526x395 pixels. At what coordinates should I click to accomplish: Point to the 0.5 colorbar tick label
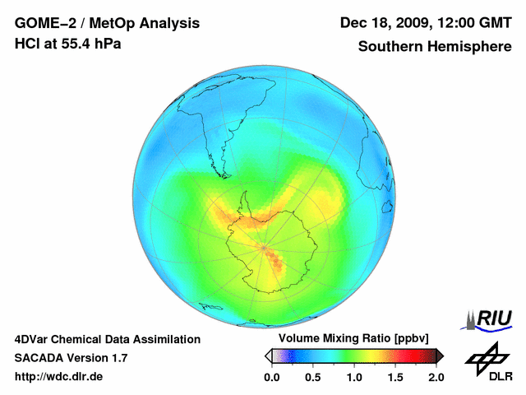point(313,377)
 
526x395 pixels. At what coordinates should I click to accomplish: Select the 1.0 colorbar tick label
point(354,377)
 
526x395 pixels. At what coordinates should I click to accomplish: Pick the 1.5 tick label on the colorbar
point(395,377)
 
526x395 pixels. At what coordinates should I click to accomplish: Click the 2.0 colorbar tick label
point(436,377)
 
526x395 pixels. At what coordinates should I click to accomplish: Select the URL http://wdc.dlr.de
point(58,377)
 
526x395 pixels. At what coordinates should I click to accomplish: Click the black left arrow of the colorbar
point(268,355)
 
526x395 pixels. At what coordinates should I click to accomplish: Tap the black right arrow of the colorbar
point(440,355)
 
